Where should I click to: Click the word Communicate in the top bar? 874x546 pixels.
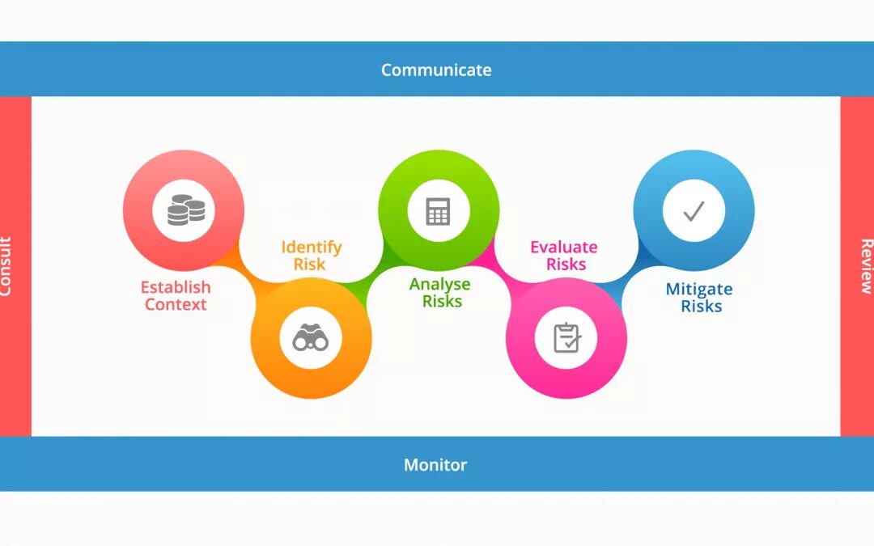coord(436,70)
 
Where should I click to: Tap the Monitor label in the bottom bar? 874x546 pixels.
coord(435,465)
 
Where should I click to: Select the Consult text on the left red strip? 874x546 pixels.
coord(6,266)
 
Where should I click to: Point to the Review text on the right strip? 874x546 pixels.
coord(866,266)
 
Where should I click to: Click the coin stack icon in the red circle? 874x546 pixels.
coord(185,211)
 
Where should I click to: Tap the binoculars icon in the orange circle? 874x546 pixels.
coord(311,338)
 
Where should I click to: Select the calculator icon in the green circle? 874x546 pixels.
coord(438,211)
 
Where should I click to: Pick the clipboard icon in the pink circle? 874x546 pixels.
coord(566,338)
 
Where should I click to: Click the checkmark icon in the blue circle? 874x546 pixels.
coord(693,211)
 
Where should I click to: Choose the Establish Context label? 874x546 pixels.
coord(176,296)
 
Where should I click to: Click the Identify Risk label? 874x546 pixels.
coord(312,256)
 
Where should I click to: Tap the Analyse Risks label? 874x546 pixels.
coord(440,293)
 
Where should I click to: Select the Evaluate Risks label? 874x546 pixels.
coord(565,256)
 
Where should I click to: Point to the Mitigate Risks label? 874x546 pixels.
coord(699,298)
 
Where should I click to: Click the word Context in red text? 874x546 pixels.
coord(176,305)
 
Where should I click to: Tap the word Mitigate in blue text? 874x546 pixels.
coord(699,289)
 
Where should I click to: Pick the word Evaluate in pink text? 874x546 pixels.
coord(565,247)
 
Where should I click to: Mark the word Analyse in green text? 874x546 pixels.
coord(440,284)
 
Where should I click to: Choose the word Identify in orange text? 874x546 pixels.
coord(312,247)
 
